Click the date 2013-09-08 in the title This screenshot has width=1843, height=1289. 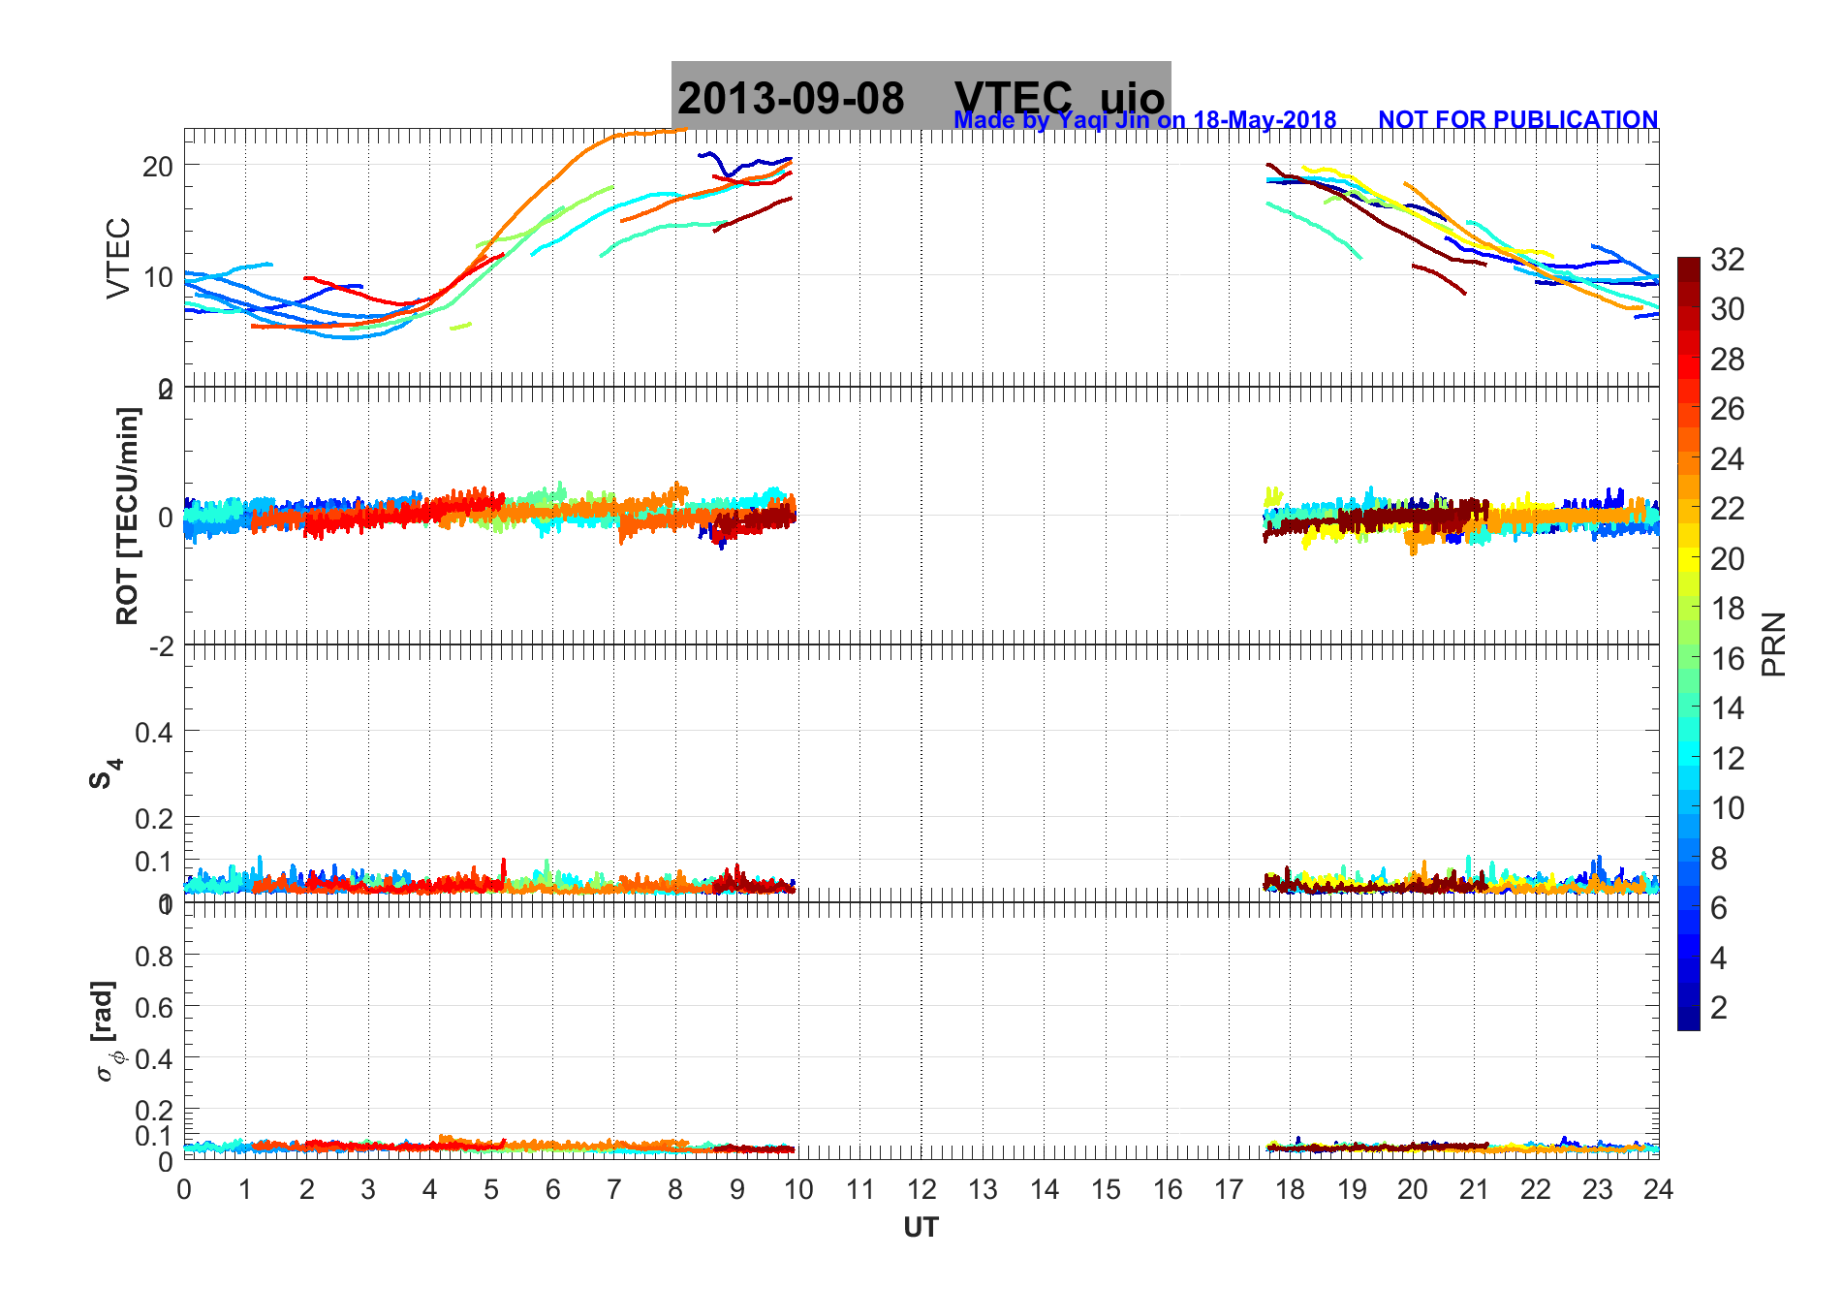point(791,99)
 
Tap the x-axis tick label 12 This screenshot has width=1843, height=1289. point(921,1189)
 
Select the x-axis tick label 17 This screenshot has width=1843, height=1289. point(1229,1189)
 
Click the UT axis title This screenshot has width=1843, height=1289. point(921,1228)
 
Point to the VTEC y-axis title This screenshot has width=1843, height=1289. point(117,258)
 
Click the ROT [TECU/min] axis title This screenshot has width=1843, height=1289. point(127,516)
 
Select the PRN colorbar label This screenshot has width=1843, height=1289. point(1773,644)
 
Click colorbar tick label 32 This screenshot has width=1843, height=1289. point(1727,260)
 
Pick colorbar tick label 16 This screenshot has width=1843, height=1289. point(1727,659)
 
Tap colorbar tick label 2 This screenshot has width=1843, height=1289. point(1719,1008)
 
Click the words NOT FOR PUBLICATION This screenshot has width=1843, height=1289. point(1517,119)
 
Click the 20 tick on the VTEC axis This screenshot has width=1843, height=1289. point(158,166)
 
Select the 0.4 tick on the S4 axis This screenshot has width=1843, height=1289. point(154,733)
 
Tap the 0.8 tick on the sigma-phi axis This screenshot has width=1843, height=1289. point(154,957)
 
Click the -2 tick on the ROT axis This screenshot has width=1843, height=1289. point(161,645)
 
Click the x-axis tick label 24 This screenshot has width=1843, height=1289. point(1658,1189)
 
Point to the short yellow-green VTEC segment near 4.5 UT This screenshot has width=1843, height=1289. point(460,327)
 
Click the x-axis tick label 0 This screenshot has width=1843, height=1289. point(184,1189)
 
